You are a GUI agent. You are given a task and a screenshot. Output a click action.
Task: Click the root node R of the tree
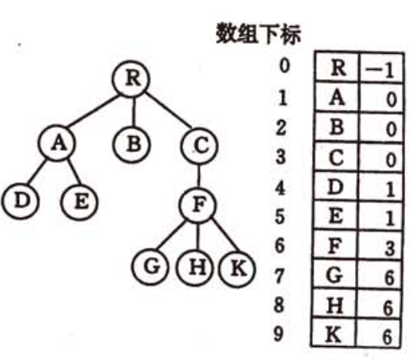[x=131, y=79]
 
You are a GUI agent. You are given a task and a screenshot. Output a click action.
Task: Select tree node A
[x=57, y=142]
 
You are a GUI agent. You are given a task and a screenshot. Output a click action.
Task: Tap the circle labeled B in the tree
[x=131, y=144]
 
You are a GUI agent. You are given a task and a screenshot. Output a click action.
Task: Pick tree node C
[x=199, y=146]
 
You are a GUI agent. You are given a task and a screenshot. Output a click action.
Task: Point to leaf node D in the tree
[x=20, y=202]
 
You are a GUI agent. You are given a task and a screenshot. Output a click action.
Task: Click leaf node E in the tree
[x=79, y=202]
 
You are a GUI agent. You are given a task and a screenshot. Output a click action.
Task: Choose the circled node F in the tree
[x=198, y=205]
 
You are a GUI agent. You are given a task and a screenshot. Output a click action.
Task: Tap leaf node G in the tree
[x=150, y=267]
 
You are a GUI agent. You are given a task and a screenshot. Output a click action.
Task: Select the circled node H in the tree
[x=195, y=268]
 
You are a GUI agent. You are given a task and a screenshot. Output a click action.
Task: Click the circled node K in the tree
[x=237, y=268]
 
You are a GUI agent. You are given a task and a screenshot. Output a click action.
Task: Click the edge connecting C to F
[x=199, y=175]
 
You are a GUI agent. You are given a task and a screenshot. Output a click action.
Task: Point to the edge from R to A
[x=94, y=111]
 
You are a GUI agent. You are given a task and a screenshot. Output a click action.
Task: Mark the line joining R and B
[x=133, y=112]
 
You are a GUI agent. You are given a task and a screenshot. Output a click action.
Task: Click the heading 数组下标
[x=258, y=34]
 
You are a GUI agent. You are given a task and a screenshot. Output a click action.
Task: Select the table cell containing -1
[x=380, y=68]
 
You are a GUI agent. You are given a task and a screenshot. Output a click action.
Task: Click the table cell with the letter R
[x=337, y=67]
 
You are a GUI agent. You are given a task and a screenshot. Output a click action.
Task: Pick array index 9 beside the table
[x=279, y=333]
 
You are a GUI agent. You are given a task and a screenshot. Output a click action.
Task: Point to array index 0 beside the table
[x=284, y=65]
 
